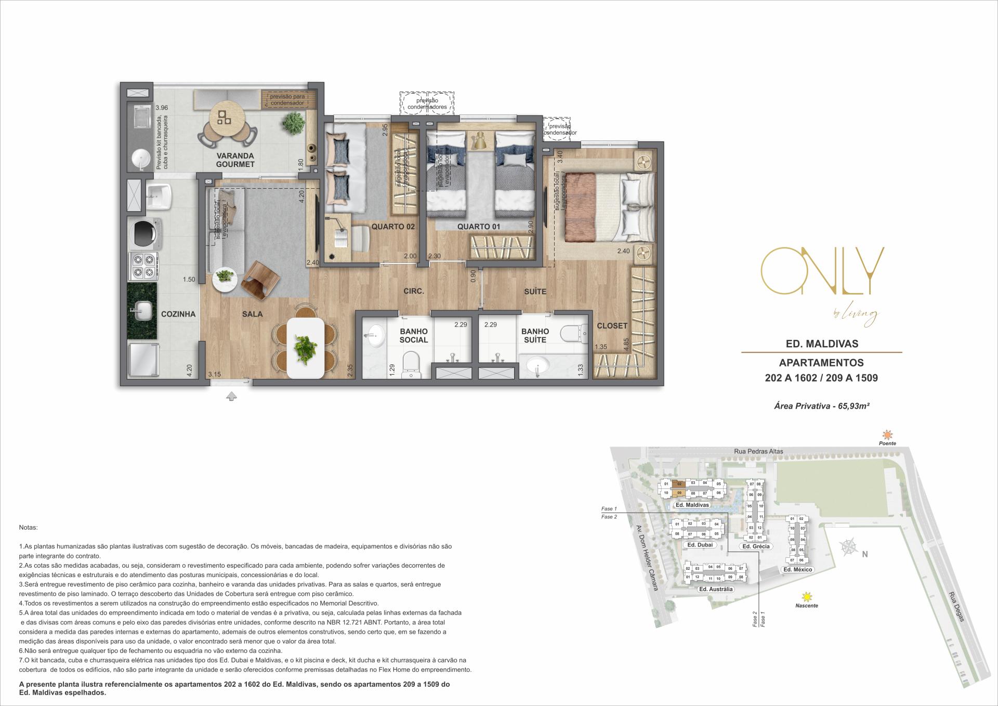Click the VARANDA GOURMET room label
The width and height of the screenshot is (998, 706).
coord(235,160)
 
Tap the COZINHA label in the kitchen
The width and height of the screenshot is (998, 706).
coord(178,314)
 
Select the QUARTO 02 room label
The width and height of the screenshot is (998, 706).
coord(392,227)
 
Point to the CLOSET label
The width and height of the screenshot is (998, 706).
coord(612,326)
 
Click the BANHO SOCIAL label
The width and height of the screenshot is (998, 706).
coord(414,335)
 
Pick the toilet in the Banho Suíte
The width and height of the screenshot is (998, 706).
coord(572,332)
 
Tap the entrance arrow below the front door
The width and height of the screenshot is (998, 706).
coord(232,397)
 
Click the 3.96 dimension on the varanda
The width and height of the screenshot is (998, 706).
coord(162,108)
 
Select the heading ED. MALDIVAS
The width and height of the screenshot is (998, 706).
coord(821,344)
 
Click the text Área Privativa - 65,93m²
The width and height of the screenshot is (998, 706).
coord(822,406)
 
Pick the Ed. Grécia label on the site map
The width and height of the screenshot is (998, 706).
coord(756,546)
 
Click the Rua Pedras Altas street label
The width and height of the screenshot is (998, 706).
coord(758,451)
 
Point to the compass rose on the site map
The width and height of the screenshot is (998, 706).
coord(848,547)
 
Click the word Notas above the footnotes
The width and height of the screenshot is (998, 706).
coord(28,527)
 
